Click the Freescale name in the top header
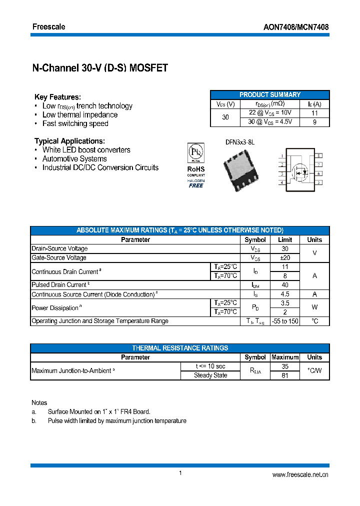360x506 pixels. [x=48, y=26]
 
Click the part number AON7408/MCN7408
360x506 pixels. [x=296, y=27]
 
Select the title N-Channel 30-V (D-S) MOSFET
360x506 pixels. [x=100, y=68]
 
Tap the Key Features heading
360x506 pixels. [x=57, y=97]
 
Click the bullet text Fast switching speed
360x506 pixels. [x=75, y=123]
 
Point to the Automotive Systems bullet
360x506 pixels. [x=74, y=159]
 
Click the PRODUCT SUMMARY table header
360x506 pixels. [x=270, y=94]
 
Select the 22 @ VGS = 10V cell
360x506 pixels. [x=270, y=113]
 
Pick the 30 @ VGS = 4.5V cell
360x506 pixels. [x=270, y=121]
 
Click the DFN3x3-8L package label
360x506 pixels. [x=240, y=142]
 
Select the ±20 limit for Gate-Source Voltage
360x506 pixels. [x=285, y=257]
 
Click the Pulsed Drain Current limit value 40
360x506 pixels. [x=285, y=284]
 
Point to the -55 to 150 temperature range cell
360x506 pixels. [x=285, y=321]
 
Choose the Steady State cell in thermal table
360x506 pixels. [x=210, y=375]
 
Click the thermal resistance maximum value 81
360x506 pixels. [x=285, y=375]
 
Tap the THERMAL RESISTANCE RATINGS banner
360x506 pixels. [x=180, y=348]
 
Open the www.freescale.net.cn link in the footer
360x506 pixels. [x=300, y=475]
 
